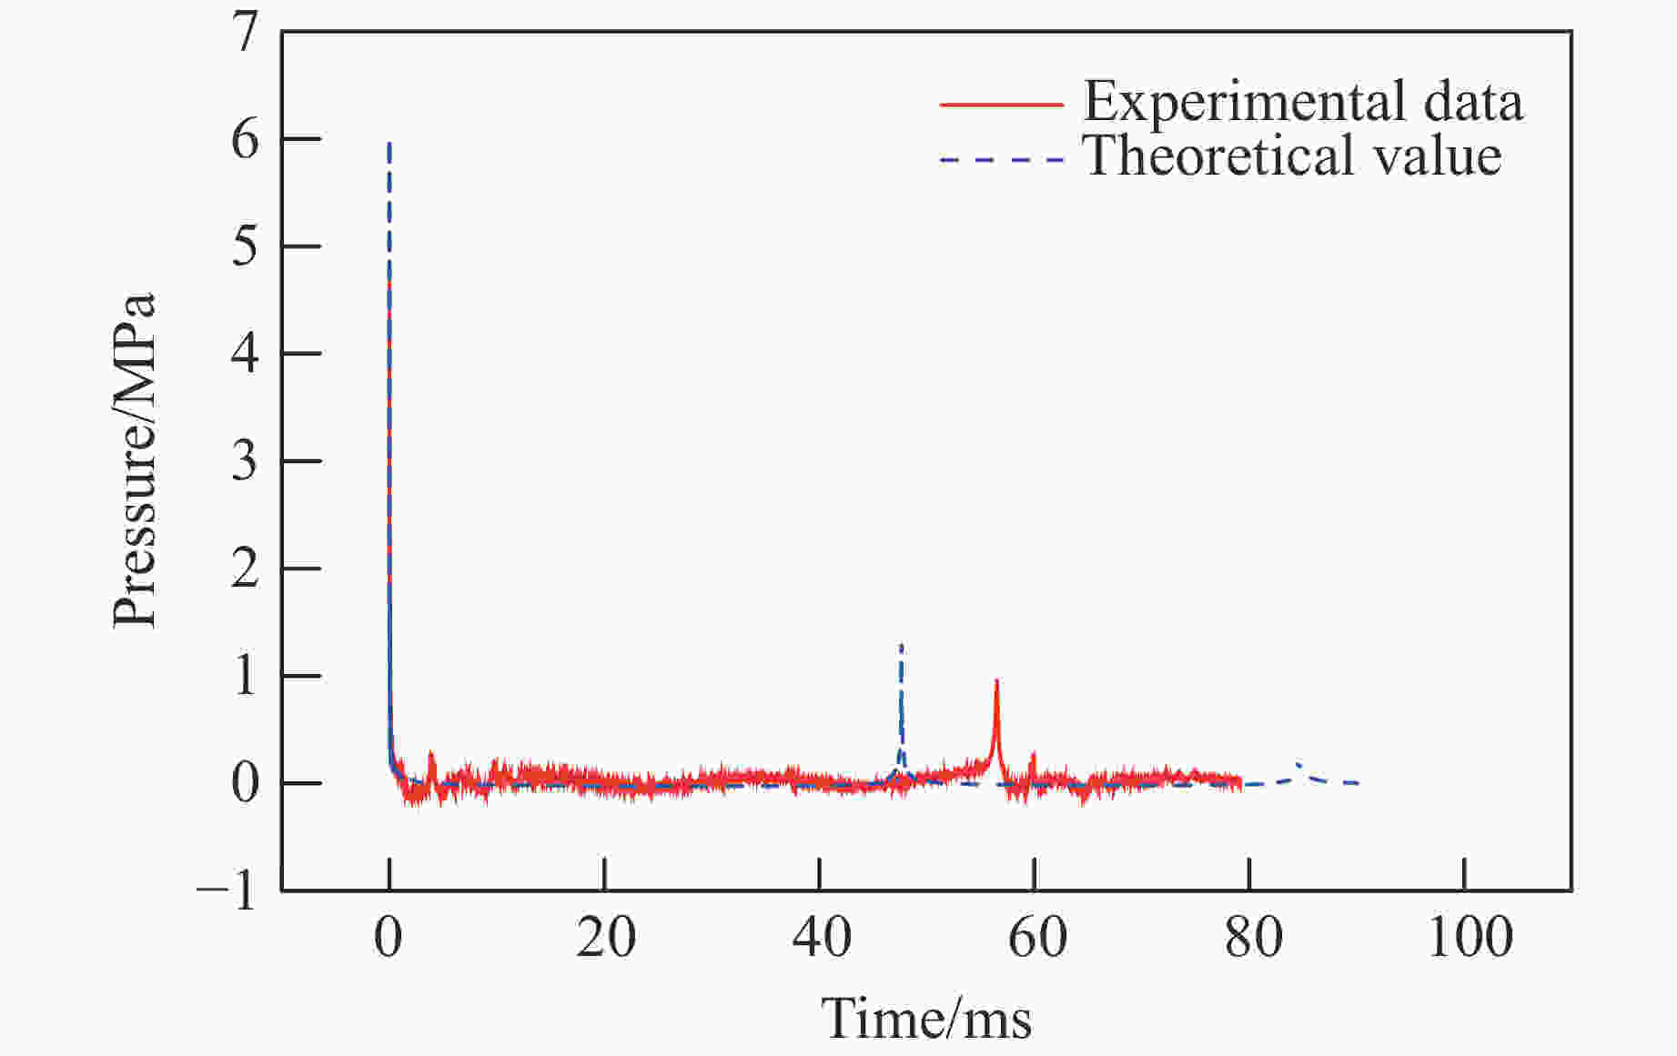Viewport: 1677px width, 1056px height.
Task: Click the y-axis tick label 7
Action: (x=245, y=35)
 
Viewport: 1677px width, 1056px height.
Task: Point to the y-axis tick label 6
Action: (x=245, y=140)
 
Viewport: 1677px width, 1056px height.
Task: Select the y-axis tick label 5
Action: (x=245, y=246)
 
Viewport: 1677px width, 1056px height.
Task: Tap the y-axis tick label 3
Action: (x=245, y=462)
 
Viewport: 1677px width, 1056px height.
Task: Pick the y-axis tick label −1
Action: (x=227, y=890)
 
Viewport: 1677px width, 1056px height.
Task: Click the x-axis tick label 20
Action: (x=605, y=937)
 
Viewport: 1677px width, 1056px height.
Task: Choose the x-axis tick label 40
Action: (x=821, y=937)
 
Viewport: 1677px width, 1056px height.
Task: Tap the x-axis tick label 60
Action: (x=1036, y=937)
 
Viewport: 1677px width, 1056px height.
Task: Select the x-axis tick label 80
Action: (x=1252, y=937)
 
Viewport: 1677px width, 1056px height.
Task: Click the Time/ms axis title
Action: (x=926, y=1019)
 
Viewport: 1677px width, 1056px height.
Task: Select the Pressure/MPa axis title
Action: (x=135, y=460)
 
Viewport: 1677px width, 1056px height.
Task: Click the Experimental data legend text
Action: (x=1302, y=101)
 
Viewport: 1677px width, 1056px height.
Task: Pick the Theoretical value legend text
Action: (x=1292, y=156)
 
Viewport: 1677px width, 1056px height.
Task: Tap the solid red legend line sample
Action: (x=1001, y=105)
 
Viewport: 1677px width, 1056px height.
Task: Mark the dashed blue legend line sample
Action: (x=1001, y=160)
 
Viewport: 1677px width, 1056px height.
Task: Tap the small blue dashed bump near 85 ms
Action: (x=1298, y=766)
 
